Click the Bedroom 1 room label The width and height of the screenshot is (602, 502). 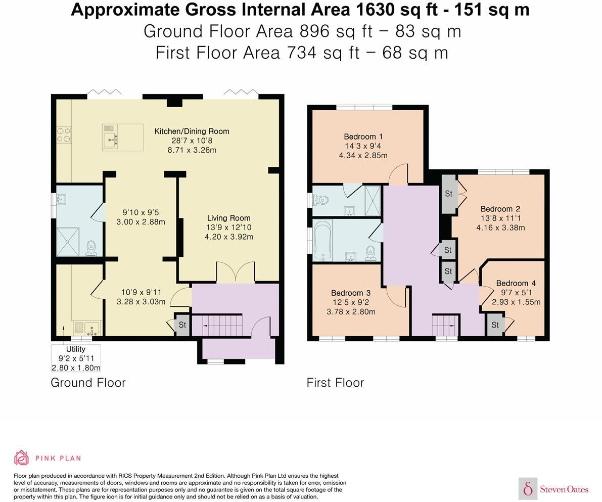pyautogui.click(x=363, y=136)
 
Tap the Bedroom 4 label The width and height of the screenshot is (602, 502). pyautogui.click(x=516, y=283)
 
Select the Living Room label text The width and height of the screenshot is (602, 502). pyautogui.click(x=229, y=218)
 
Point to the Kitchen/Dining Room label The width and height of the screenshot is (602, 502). pyautogui.click(x=192, y=131)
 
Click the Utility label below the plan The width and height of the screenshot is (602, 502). pyautogui.click(x=76, y=349)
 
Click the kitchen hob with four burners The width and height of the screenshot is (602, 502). pyautogui.click(x=64, y=135)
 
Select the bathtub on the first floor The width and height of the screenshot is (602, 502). pyautogui.click(x=322, y=240)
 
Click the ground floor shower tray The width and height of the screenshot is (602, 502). pyautogui.click(x=68, y=242)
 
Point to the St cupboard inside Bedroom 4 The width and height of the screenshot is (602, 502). pyautogui.click(x=495, y=325)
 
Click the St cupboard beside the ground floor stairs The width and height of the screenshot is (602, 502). pyautogui.click(x=182, y=325)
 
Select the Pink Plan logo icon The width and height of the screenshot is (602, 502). pyautogui.click(x=22, y=458)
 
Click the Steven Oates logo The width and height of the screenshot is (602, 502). pyautogui.click(x=553, y=489)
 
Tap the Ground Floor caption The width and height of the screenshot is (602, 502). pyautogui.click(x=88, y=383)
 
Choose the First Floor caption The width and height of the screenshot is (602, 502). pyautogui.click(x=335, y=383)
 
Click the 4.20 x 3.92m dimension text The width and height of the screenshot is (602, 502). pyautogui.click(x=229, y=237)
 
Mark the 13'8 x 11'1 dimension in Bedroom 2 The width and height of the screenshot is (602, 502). pyautogui.click(x=500, y=218)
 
